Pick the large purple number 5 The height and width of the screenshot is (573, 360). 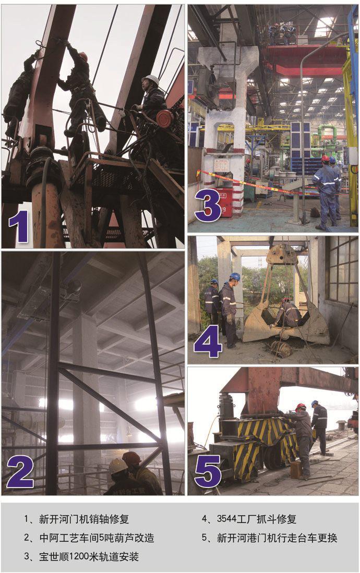pyautogui.click(x=208, y=471)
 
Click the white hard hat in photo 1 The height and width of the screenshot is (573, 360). pyautogui.click(x=151, y=80)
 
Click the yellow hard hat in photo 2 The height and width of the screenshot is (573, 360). pyautogui.click(x=118, y=466)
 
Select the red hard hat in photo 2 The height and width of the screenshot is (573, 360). pyautogui.click(x=131, y=458)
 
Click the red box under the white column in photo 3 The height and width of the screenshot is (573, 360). pyautogui.click(x=224, y=202)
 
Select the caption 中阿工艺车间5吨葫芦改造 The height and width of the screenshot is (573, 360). pyautogui.click(x=97, y=538)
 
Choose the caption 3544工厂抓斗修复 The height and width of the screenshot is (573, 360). pyautogui.click(x=257, y=519)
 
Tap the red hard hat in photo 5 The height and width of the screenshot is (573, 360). pyautogui.click(x=301, y=407)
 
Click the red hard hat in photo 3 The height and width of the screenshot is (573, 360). pyautogui.click(x=325, y=159)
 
